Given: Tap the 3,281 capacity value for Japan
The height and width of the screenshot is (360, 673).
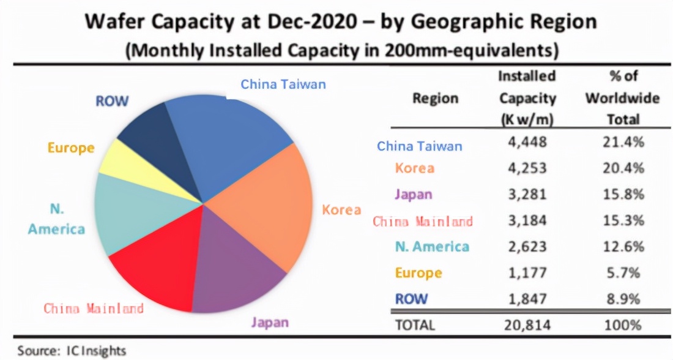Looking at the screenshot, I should (x=527, y=194).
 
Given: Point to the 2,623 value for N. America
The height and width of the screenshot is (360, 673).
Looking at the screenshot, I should (x=527, y=247).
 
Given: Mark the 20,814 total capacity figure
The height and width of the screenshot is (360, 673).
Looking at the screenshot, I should (x=527, y=324).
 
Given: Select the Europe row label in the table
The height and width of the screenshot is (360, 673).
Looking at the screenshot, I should (x=418, y=272).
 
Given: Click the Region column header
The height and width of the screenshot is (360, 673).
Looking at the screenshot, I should (x=435, y=99).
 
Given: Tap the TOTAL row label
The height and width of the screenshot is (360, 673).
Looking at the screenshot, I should (x=415, y=325).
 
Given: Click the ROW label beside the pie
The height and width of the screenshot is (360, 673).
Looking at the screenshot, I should (x=112, y=101).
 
